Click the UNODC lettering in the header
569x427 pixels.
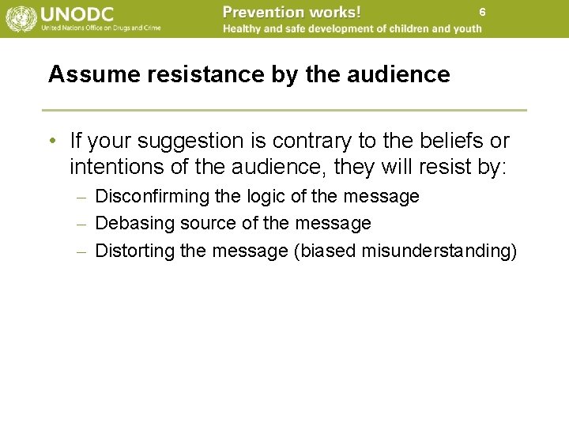click(x=77, y=13)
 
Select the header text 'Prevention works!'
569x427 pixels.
click(x=292, y=12)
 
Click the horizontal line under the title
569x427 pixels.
click(x=284, y=110)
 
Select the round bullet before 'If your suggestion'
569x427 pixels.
click(x=51, y=142)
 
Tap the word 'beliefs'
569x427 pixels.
click(x=450, y=142)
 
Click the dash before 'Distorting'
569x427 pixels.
click(x=82, y=251)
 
